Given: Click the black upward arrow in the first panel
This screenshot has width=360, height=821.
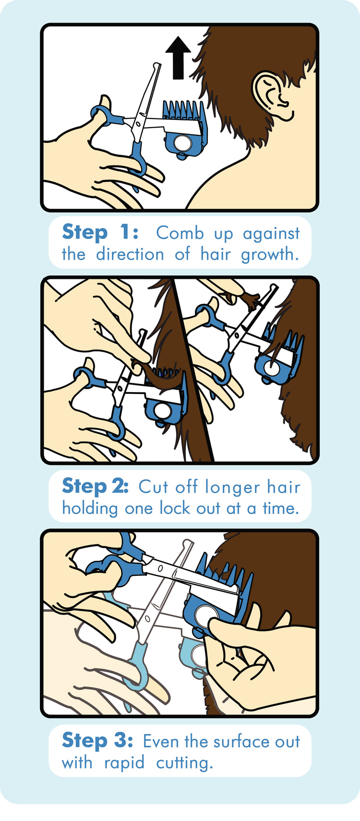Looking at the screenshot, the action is [x=178, y=58].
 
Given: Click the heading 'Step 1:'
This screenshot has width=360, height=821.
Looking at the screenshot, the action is [x=100, y=232].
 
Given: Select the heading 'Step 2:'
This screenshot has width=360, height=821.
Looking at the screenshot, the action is [x=96, y=486].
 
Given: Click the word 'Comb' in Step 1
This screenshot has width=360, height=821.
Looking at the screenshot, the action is [x=180, y=233].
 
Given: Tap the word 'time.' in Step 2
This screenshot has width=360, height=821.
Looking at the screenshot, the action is [x=281, y=508].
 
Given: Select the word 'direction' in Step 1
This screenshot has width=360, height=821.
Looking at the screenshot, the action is [x=130, y=254].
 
